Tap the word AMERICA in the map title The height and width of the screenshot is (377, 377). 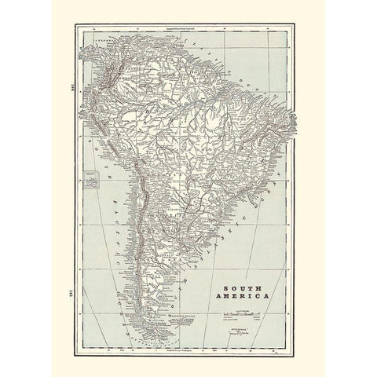pos(245,296)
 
